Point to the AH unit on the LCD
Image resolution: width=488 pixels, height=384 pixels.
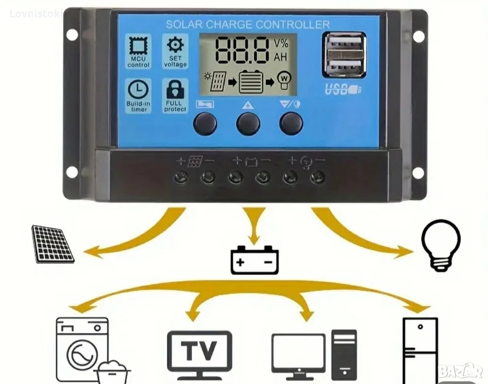coord(281,57)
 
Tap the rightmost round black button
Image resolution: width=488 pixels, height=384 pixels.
coord(291,123)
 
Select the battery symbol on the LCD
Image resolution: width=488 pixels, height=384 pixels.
coord(250,81)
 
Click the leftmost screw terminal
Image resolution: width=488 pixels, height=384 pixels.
coord(181,178)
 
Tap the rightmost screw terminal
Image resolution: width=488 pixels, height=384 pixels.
coord(318,178)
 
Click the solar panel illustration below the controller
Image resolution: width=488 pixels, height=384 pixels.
coord(53,244)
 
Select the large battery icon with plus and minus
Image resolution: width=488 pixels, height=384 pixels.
coord(255,260)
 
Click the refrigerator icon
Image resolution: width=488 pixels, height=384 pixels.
coord(420,350)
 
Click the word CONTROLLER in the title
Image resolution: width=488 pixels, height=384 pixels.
coord(293,24)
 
